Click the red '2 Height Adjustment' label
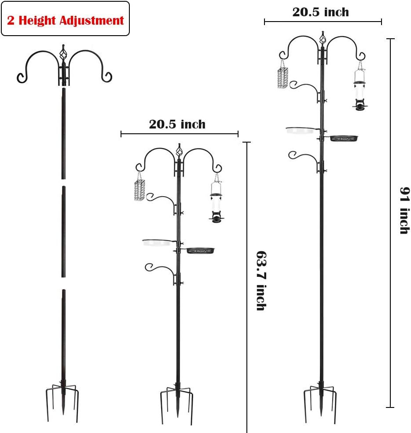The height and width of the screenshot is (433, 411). click(x=66, y=20)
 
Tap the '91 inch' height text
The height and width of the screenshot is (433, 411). click(x=405, y=210)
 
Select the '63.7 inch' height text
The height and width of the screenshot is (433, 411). click(x=261, y=281)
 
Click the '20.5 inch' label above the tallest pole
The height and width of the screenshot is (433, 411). click(x=321, y=12)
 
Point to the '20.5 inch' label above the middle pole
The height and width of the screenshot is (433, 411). click(x=177, y=124)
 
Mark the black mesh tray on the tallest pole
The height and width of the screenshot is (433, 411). click(x=344, y=138)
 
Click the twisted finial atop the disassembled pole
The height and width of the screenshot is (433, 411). click(x=63, y=52)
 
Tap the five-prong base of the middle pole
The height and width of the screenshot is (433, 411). click(x=177, y=403)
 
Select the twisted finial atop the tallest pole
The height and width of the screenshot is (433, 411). click(x=323, y=38)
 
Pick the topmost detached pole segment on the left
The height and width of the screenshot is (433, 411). click(x=63, y=133)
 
